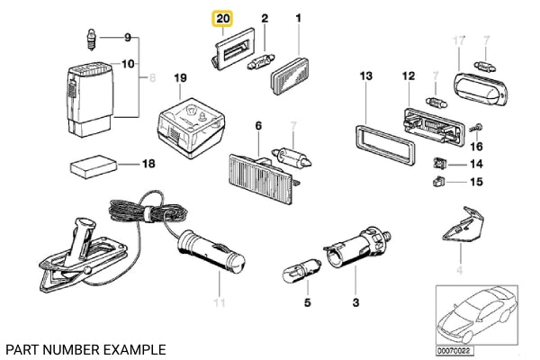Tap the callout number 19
click(x=180, y=78)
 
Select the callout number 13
click(x=365, y=77)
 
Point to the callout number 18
click(x=148, y=164)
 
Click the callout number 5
click(x=306, y=302)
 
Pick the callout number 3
click(x=355, y=302)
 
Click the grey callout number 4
click(x=458, y=270)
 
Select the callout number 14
click(x=477, y=164)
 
